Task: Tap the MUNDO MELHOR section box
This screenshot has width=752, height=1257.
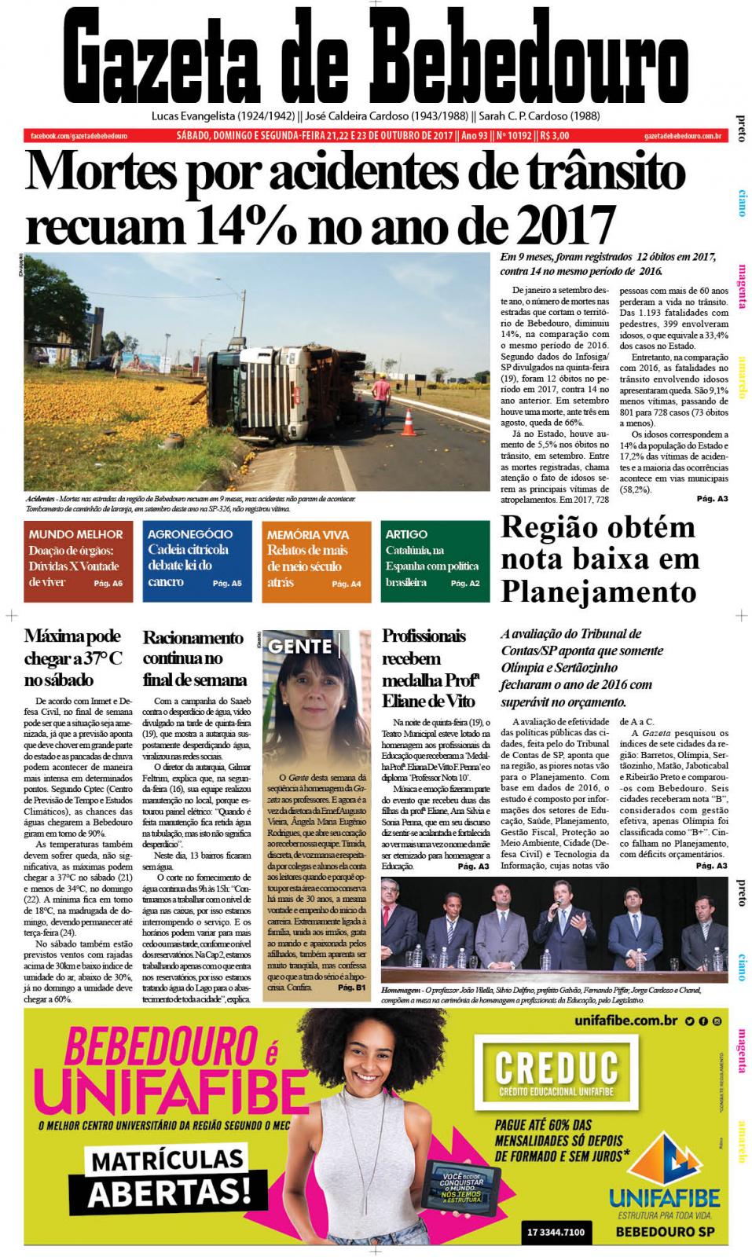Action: pyautogui.click(x=78, y=561)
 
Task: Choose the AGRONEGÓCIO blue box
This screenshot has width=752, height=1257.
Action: pyautogui.click(x=196, y=561)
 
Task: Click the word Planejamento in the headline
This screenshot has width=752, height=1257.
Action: pyautogui.click(x=600, y=591)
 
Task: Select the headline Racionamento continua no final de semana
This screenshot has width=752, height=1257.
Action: pyautogui.click(x=194, y=658)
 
